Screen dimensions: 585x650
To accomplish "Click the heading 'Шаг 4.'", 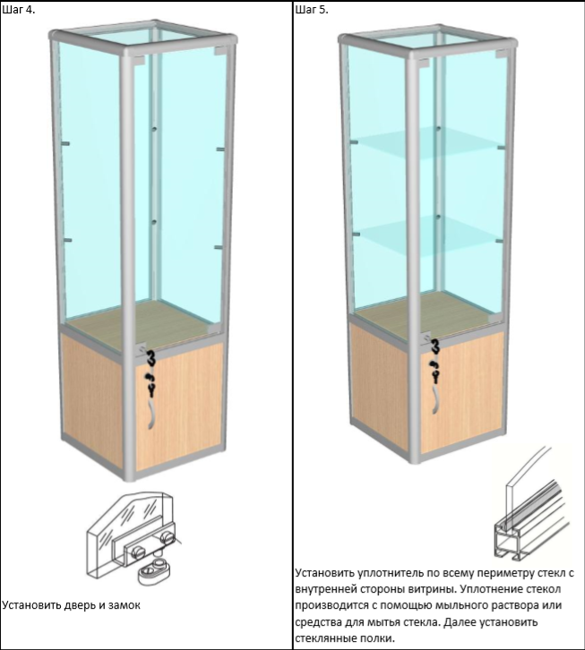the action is (x=19, y=10).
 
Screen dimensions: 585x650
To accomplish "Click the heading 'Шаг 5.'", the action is (x=312, y=10).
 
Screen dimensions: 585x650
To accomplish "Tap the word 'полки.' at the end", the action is (x=377, y=637).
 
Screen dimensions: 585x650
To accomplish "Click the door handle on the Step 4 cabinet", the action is (x=151, y=415).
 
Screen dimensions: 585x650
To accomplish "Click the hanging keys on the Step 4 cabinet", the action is (x=151, y=373).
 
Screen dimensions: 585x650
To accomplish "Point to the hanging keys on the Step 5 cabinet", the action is (x=434, y=362).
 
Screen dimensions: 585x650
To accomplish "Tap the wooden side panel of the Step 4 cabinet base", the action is (x=92, y=398).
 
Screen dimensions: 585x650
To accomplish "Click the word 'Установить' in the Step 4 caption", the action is (x=32, y=605).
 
